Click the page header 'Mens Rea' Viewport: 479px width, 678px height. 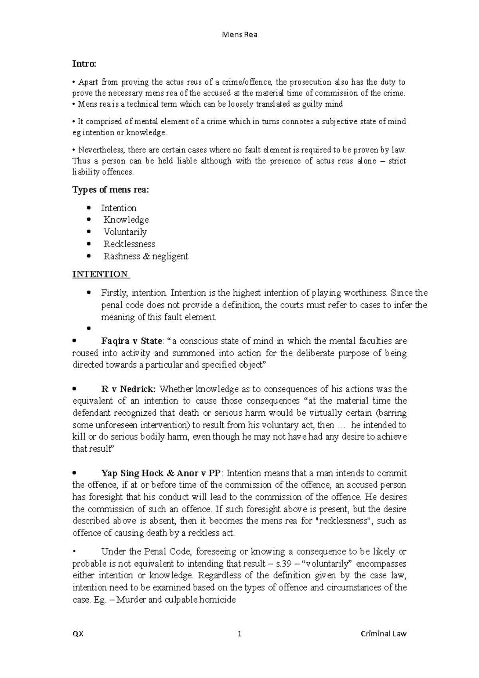tap(239, 35)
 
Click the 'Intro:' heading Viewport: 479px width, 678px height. tap(84, 64)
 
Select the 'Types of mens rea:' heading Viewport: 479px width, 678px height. tap(110, 190)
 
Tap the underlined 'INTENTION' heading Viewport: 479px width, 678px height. tap(100, 274)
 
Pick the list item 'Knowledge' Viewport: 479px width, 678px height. tap(126, 220)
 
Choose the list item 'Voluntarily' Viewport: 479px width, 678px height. tap(125, 232)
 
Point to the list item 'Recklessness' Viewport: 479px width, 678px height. tap(129, 244)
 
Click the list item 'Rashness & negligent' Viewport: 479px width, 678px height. tap(146, 256)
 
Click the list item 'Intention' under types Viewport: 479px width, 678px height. tap(119, 208)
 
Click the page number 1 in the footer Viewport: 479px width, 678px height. tap(239, 634)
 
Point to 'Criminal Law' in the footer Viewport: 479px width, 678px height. tap(383, 634)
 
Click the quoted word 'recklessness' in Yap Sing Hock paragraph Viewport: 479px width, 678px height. tap(342, 521)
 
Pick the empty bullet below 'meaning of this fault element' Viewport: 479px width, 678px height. tap(89, 329)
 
